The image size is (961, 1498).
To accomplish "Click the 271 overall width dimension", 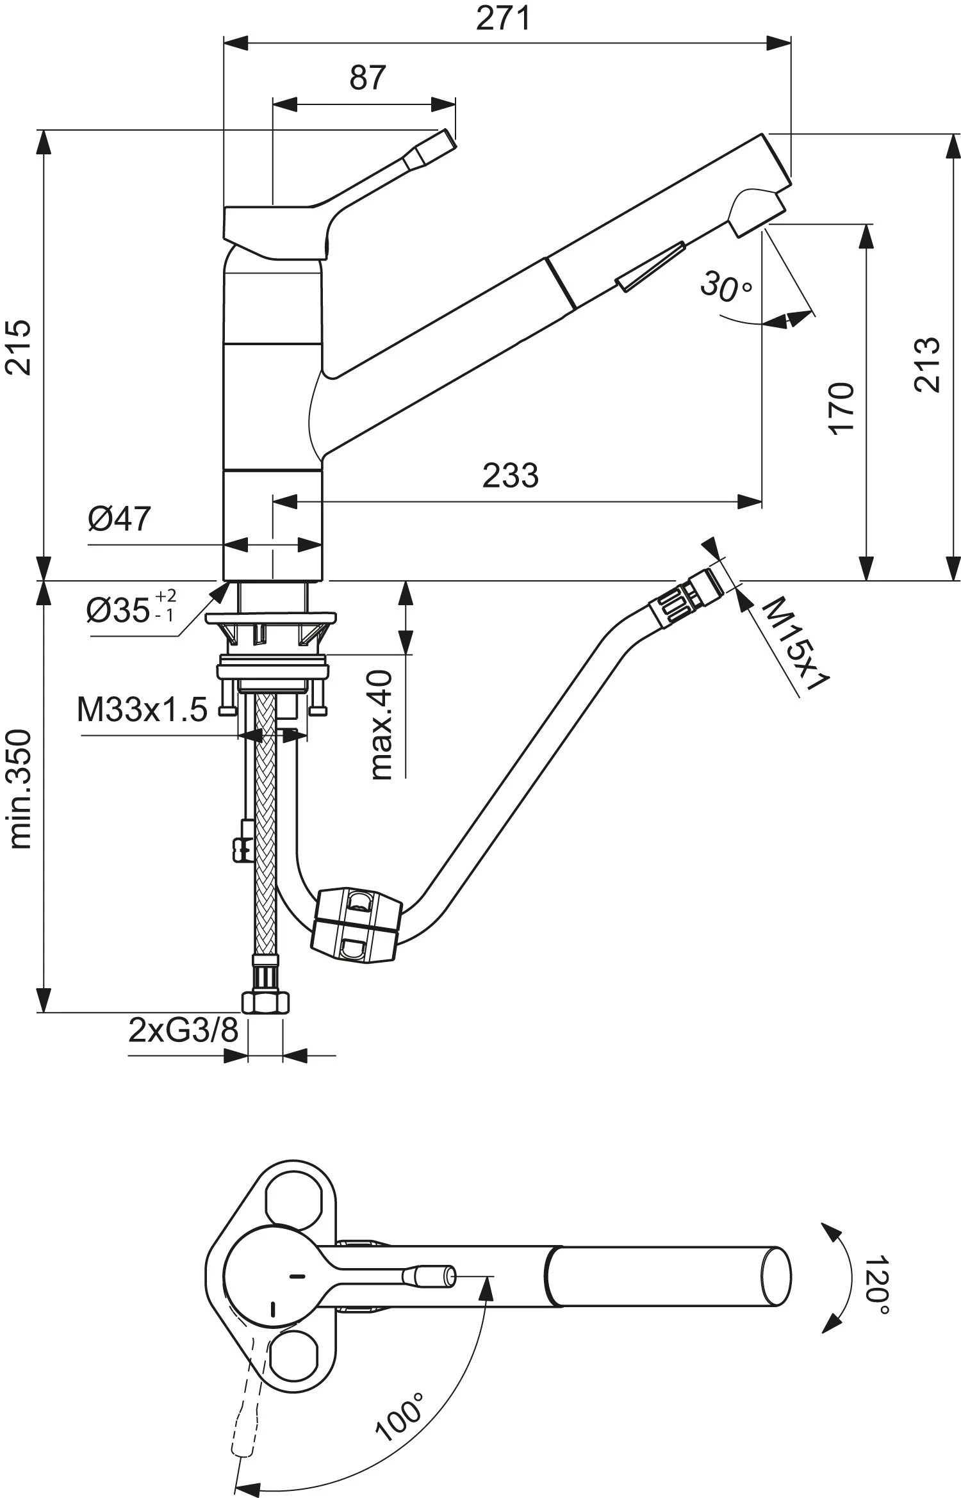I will [503, 19].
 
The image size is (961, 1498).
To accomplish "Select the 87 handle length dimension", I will [368, 78].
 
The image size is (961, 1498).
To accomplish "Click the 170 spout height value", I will [842, 408].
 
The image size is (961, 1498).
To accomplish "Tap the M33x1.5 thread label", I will [142, 710].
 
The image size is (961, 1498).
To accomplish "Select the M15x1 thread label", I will [794, 643].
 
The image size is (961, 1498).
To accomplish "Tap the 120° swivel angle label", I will [875, 1276].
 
